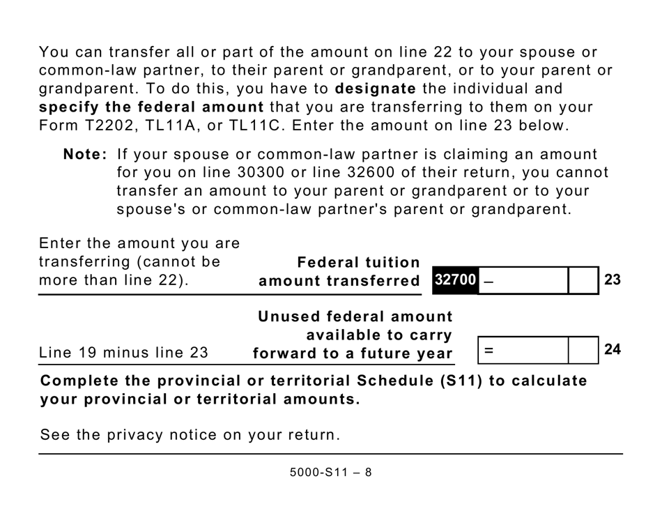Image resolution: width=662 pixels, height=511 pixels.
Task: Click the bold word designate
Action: (376, 89)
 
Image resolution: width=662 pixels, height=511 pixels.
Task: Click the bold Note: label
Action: (85, 154)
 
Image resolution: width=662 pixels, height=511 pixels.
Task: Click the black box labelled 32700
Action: (455, 280)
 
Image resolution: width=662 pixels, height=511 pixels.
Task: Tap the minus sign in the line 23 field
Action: (488, 280)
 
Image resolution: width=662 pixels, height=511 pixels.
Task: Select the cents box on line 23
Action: (583, 280)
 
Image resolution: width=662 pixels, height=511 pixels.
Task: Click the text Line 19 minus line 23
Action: (124, 353)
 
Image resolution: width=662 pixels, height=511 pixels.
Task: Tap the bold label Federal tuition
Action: (359, 262)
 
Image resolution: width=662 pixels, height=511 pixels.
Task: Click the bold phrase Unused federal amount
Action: (355, 316)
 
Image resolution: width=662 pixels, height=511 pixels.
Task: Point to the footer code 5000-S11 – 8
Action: (331, 472)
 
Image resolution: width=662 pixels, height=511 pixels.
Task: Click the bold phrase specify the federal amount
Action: (151, 107)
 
